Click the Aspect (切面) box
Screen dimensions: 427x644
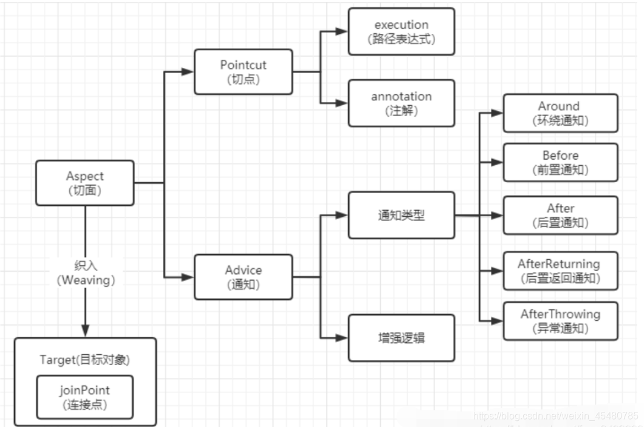click(85, 183)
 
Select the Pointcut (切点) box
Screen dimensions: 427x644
click(243, 72)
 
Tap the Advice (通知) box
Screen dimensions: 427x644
click(243, 277)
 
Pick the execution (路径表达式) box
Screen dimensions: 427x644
click(401, 32)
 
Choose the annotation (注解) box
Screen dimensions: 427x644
click(401, 103)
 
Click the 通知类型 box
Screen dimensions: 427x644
click(401, 215)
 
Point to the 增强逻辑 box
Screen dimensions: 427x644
click(401, 337)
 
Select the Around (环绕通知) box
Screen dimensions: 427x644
click(560, 113)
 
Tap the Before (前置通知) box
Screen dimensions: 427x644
click(560, 162)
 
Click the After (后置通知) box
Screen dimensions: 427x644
click(560, 215)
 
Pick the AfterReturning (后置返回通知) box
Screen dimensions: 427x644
click(560, 270)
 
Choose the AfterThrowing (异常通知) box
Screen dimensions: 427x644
click(560, 321)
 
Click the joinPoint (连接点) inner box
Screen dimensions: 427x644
click(84, 397)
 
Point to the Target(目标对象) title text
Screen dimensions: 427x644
click(84, 359)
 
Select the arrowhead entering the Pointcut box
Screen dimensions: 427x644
click(189, 72)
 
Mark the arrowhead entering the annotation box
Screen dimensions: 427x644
click(343, 103)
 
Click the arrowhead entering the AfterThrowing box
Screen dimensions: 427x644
click(498, 321)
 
